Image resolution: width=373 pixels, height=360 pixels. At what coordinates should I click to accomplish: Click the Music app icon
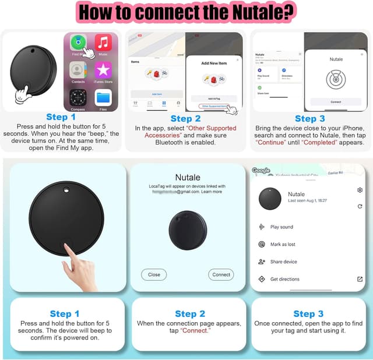[104, 43]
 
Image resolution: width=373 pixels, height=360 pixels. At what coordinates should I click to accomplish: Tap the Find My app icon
[78, 43]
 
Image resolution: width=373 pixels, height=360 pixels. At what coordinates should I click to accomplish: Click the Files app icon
[104, 97]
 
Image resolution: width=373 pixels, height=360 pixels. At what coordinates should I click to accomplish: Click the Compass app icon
[78, 97]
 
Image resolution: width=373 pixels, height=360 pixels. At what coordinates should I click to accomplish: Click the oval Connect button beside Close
[221, 274]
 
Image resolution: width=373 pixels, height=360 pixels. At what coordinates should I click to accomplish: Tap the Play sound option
[281, 227]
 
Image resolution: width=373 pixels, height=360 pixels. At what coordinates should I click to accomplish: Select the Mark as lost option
[283, 245]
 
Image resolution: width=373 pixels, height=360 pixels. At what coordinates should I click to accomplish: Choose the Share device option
[283, 262]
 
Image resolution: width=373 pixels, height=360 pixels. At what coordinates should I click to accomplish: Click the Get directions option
[284, 280]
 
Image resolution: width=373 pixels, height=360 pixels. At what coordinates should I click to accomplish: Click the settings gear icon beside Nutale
[360, 190]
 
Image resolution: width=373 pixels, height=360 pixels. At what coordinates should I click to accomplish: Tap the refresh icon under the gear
[360, 206]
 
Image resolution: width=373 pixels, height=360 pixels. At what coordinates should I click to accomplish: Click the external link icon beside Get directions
[360, 280]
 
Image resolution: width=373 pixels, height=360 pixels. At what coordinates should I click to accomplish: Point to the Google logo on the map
[261, 171]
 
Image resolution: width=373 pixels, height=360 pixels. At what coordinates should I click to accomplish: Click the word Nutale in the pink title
[252, 11]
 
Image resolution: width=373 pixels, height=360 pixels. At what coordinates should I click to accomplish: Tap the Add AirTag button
[214, 98]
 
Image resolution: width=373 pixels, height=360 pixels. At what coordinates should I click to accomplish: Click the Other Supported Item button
[213, 107]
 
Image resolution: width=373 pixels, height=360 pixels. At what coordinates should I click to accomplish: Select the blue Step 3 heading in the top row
[309, 119]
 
